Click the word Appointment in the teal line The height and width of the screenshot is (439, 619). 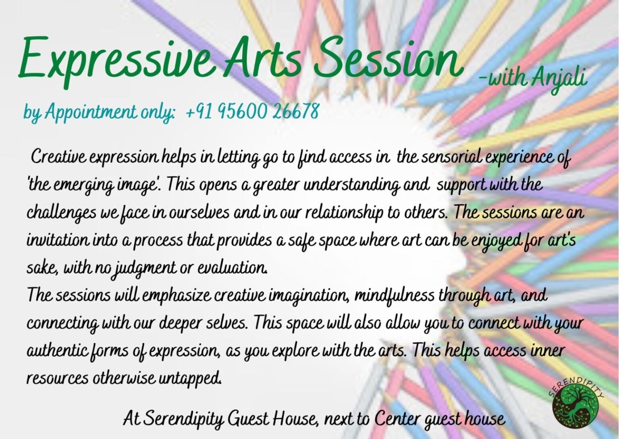pos(90,112)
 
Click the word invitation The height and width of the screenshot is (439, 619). pos(57,240)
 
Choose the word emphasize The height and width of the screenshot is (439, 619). pos(176,296)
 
